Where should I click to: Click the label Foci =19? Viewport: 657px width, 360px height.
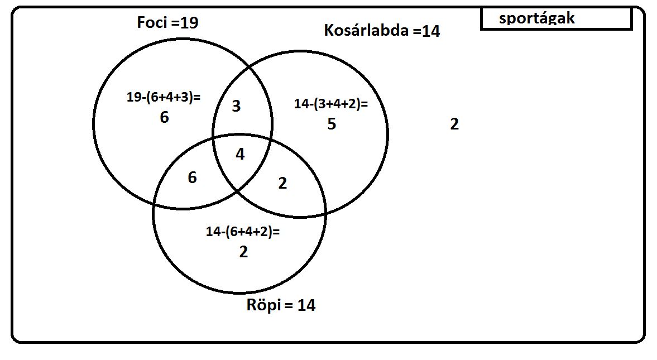point(167,23)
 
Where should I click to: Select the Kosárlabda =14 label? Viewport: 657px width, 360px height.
point(382,31)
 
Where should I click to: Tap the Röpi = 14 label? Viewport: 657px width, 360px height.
point(281,305)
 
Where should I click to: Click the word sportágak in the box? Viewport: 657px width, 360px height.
point(537,18)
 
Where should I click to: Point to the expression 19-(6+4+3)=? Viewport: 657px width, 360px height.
point(164,97)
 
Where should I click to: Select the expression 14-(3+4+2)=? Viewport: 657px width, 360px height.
point(331,103)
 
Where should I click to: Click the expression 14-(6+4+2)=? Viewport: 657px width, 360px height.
point(243,231)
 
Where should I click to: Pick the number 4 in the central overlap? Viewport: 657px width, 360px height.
point(240,154)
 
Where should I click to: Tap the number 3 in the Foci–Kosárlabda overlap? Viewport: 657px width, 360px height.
point(236,106)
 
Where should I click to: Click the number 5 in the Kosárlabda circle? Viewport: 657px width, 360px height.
point(332,124)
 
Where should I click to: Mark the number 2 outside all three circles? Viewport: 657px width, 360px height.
point(454,124)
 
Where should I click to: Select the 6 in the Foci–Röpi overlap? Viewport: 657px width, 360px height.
point(193,177)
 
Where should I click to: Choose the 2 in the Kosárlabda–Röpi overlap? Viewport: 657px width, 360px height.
point(283,183)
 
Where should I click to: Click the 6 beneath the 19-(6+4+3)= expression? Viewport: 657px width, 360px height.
point(164,117)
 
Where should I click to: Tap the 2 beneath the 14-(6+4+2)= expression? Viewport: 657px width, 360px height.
point(243,252)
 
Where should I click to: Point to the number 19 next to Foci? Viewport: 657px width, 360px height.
point(189,23)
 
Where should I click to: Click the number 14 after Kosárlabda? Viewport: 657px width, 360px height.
point(431,31)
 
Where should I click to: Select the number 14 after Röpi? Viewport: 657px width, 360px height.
point(306,305)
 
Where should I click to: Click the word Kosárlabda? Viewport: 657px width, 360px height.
point(366,31)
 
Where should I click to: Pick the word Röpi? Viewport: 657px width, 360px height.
point(263,305)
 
